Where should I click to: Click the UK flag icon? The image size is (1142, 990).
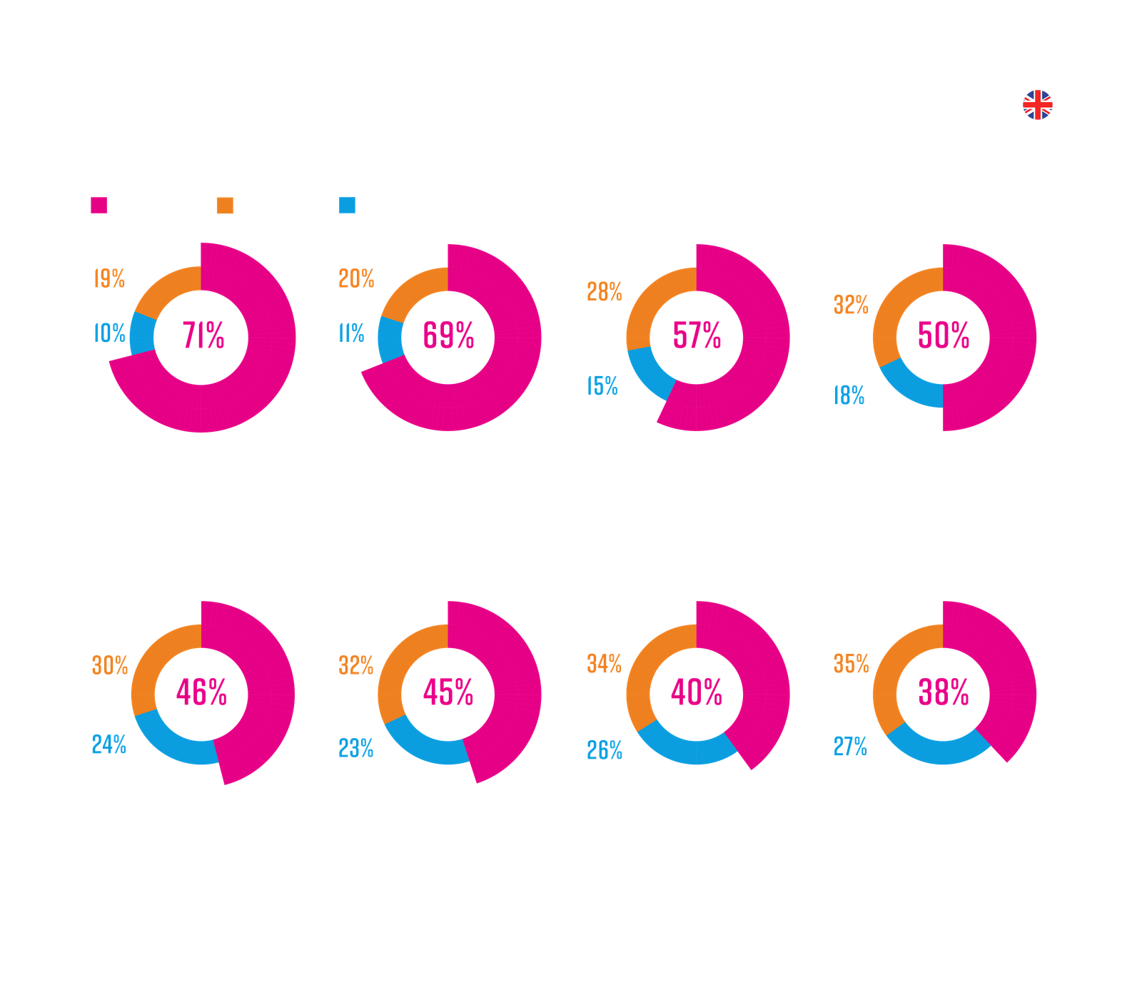coord(1038,105)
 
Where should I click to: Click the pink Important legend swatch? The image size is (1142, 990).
coord(98,206)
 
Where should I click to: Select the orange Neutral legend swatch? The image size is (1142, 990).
coord(225,206)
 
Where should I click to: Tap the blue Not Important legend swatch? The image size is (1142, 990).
coord(347,206)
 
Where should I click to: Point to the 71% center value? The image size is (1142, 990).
coord(203,335)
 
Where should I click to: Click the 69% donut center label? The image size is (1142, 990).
coord(448,335)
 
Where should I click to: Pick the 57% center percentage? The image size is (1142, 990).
coord(697,335)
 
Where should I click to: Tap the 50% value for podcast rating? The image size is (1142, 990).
coord(944,335)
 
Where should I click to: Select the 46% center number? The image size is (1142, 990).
coord(201,692)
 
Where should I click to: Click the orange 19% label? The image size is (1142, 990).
coord(109,278)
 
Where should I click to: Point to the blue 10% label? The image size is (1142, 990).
coord(109,333)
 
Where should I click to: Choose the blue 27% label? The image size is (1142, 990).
coord(850,747)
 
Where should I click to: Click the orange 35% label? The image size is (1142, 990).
coord(851,664)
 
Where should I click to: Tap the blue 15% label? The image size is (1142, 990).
coord(602,386)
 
